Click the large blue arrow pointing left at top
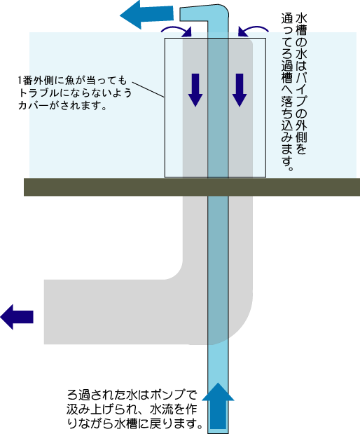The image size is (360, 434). click(146, 15)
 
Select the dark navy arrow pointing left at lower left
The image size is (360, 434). click(17, 317)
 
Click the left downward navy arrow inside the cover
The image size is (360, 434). click(195, 90)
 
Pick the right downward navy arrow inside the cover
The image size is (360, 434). click(240, 90)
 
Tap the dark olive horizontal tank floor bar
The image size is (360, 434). click(192, 187)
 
